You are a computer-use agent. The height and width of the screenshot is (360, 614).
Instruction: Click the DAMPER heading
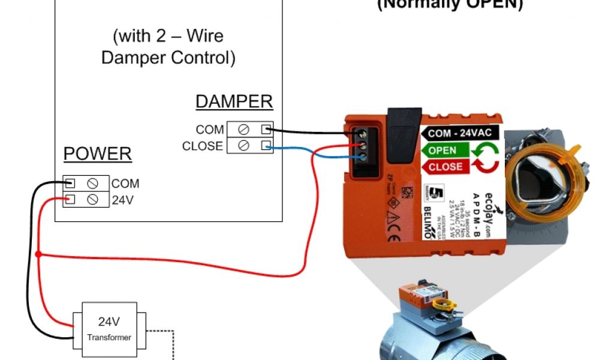(234, 102)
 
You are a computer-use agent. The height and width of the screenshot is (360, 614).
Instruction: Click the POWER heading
(97, 154)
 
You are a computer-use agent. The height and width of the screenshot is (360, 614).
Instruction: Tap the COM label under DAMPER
(210, 129)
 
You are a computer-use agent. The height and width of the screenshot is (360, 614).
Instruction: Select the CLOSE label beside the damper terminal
(202, 146)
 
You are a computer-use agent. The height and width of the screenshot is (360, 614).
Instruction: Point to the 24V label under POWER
(123, 200)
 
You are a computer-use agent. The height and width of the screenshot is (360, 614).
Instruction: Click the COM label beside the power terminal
(125, 184)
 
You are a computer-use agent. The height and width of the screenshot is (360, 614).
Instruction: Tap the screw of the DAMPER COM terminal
(244, 129)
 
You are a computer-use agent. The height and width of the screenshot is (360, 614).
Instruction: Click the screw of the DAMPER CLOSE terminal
(244, 145)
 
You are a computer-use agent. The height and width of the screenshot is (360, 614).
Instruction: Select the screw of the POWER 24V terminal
(93, 200)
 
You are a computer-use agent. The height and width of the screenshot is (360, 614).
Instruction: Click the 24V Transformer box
(109, 329)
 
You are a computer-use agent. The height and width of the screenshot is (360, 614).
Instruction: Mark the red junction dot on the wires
(39, 254)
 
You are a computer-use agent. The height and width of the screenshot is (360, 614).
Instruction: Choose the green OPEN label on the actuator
(444, 150)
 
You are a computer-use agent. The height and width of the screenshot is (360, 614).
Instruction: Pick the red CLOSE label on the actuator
(444, 166)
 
